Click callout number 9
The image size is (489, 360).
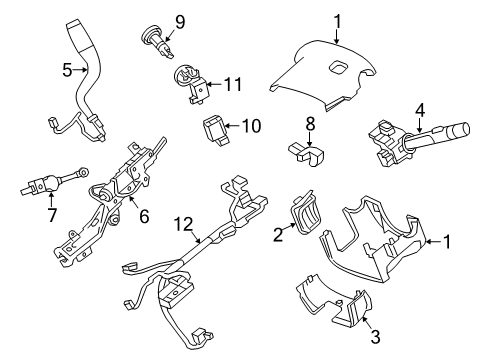tap(180, 21)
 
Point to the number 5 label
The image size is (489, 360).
tap(66, 71)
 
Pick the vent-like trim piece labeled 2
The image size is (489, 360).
tap(303, 215)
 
